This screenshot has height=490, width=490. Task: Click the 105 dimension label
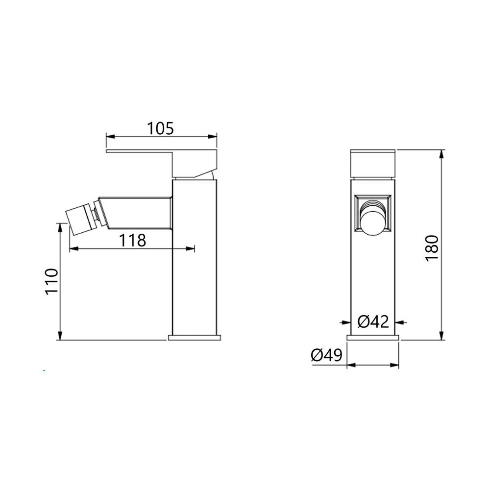(161, 128)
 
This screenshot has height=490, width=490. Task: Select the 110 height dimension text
(51, 281)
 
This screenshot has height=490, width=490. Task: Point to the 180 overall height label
(432, 248)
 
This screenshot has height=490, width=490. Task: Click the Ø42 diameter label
(373, 322)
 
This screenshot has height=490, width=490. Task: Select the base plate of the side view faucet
(195, 337)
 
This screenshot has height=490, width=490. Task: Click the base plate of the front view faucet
(373, 337)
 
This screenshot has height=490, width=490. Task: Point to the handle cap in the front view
(373, 163)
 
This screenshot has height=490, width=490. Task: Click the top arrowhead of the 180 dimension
(442, 153)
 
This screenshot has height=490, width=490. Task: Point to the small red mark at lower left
(45, 371)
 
